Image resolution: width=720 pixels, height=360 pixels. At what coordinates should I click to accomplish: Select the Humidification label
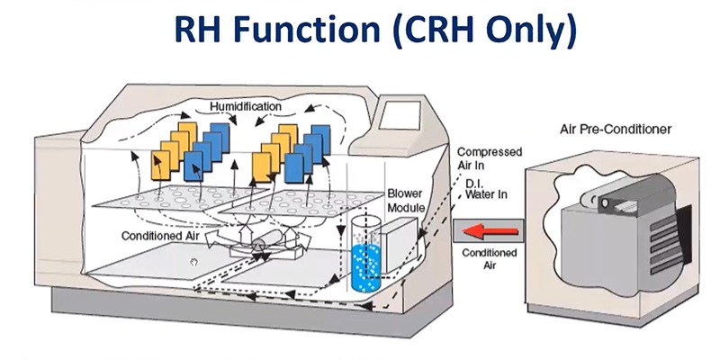pyautogui.click(x=246, y=107)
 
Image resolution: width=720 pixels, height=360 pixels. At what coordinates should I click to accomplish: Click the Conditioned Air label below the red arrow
pyautogui.click(x=490, y=259)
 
